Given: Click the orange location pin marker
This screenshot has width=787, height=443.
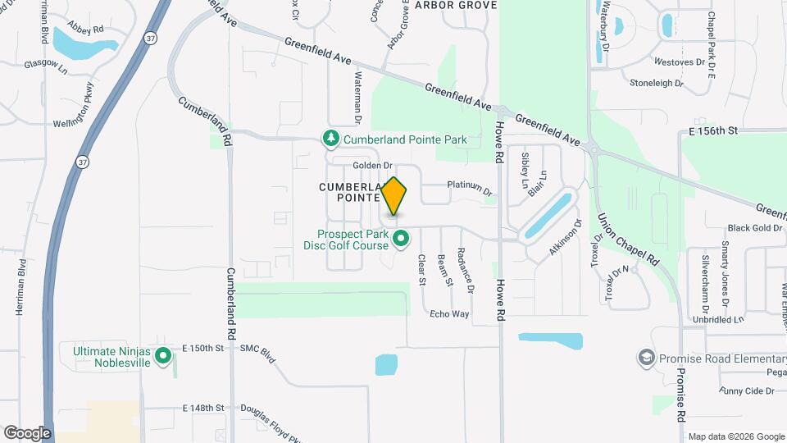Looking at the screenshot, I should [394, 197].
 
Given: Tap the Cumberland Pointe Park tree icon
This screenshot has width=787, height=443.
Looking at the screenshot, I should [331, 139].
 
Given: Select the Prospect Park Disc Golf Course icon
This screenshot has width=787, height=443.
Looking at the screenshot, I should [401, 240].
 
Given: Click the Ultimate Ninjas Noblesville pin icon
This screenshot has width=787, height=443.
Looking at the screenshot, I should [163, 355].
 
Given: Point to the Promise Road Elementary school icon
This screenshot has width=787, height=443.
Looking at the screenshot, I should [646, 359].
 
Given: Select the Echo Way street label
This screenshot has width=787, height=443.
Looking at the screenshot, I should [449, 314].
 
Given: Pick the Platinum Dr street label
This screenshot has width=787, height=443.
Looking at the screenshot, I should [470, 188].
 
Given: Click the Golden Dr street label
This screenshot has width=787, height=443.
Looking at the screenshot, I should [373, 166].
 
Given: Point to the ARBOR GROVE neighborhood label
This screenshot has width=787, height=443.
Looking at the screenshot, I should [456, 5].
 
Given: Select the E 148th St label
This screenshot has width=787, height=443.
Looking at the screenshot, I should [203, 408].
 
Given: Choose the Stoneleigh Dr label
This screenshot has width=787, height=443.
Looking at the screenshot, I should [656, 83].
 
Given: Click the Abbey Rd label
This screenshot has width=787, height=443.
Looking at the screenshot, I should [86, 29].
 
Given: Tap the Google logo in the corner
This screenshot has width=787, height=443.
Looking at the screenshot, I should [27, 432].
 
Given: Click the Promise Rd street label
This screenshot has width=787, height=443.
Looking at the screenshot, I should [680, 395].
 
